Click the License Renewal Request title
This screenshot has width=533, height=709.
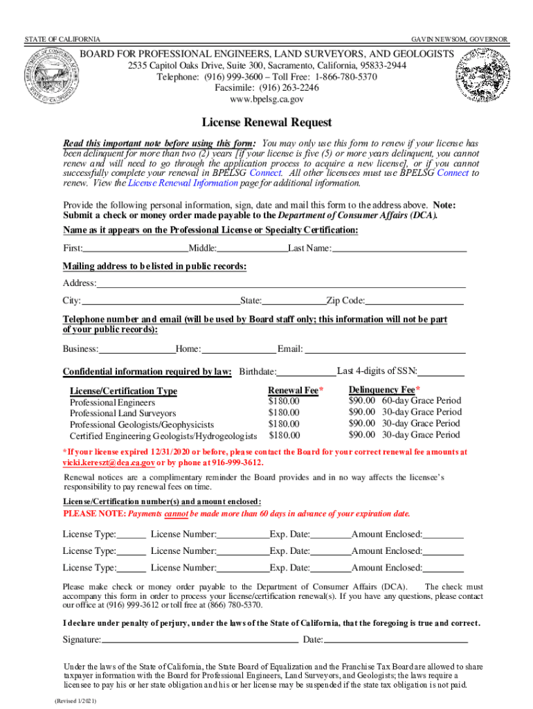(266, 123)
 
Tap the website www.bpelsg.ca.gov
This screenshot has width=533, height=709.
(266, 99)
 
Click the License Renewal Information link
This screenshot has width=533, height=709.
(183, 183)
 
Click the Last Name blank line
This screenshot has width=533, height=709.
(399, 249)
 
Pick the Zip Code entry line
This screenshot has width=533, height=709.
(414, 301)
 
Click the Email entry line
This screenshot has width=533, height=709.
(385, 349)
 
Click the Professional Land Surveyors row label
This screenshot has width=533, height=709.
(123, 413)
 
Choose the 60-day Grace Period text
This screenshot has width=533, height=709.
(420, 401)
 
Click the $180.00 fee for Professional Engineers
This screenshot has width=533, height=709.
(284, 402)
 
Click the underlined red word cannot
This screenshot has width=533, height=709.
(177, 514)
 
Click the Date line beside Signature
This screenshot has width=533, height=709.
(395, 640)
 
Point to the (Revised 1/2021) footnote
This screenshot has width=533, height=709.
(75, 701)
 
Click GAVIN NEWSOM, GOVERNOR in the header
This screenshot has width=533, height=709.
(460, 39)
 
